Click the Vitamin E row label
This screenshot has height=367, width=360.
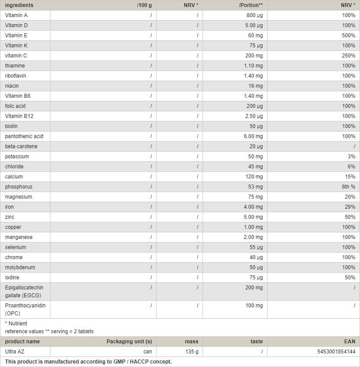(x=16, y=36)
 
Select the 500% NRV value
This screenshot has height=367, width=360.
(x=349, y=36)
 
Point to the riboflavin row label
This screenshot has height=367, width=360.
(x=16, y=76)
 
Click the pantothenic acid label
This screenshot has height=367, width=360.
(x=24, y=136)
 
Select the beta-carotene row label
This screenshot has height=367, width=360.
(x=21, y=146)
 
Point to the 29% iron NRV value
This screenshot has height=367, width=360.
(x=350, y=207)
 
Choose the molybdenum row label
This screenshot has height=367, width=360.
(x=20, y=267)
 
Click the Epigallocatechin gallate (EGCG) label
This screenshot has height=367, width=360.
(x=24, y=292)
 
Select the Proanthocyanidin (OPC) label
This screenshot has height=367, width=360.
(x=25, y=309)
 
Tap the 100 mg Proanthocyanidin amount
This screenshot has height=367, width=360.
(x=254, y=305)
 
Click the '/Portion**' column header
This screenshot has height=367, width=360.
(x=251, y=5)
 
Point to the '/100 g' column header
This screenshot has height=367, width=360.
(x=144, y=5)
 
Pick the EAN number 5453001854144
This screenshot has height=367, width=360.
(x=336, y=352)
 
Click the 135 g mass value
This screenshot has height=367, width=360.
(x=192, y=352)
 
